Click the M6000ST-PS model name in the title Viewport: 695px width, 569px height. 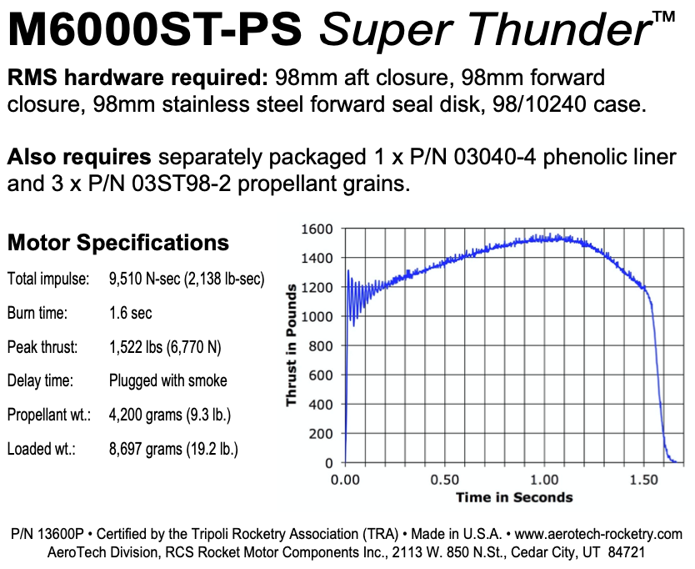pos(157,31)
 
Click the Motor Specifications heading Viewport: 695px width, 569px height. pos(117,243)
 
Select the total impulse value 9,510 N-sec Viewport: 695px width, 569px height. pos(187,279)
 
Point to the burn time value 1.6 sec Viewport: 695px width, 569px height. pos(131,313)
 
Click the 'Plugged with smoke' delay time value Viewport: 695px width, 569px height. pos(167,380)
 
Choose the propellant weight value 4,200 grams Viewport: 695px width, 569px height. pos(170,415)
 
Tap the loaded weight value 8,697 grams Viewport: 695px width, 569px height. pos(173,449)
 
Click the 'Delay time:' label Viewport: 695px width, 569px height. pos(41,380)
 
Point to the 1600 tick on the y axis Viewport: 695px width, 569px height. pos(319,229)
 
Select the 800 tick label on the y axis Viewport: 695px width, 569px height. pos(322,345)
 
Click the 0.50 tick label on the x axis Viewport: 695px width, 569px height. pos(445,480)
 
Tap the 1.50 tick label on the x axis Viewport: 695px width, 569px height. pos(645,480)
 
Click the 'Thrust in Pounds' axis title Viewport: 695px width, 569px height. pos(291,345)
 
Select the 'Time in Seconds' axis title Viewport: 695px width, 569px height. pos(514,497)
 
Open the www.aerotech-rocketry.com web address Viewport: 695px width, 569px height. pos(598,534)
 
